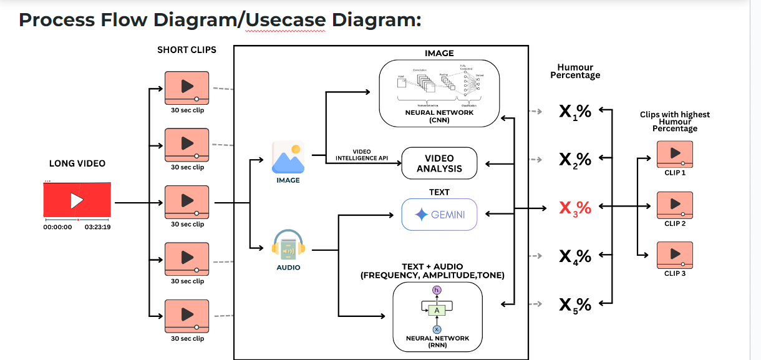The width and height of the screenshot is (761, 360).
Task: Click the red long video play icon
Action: pyautogui.click(x=77, y=200)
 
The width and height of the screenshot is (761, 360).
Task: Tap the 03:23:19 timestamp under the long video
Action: pyautogui.click(x=98, y=227)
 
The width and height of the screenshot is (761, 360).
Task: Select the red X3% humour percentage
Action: pyautogui.click(x=574, y=208)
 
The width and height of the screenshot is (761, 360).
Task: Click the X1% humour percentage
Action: pyautogui.click(x=574, y=112)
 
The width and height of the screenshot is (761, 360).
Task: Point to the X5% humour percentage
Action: pyautogui.click(x=574, y=304)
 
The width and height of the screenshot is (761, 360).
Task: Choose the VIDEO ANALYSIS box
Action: pyautogui.click(x=439, y=163)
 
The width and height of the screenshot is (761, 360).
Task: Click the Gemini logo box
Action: pyautogui.click(x=439, y=215)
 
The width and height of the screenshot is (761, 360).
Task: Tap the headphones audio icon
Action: pyautogui.click(x=288, y=245)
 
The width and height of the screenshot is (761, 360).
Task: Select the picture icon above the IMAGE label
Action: pyautogui.click(x=288, y=157)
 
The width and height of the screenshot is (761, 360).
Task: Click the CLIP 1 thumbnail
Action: pyautogui.click(x=675, y=153)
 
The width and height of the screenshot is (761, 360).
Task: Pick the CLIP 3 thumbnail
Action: pyautogui.click(x=675, y=255)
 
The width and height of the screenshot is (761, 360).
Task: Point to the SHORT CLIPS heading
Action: pyautogui.click(x=187, y=49)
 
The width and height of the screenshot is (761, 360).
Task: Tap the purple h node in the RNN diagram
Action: pyautogui.click(x=437, y=291)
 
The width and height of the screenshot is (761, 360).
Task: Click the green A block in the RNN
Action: pyautogui.click(x=437, y=310)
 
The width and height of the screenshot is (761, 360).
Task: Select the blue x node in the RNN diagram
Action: pyautogui.click(x=437, y=329)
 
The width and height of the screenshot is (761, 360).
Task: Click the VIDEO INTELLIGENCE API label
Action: pyautogui.click(x=362, y=155)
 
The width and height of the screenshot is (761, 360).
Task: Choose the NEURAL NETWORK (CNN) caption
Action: pyautogui.click(x=439, y=116)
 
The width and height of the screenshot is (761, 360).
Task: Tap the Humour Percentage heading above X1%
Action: pyautogui.click(x=575, y=71)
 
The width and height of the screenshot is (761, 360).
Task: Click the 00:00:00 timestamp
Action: pyautogui.click(x=57, y=227)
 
